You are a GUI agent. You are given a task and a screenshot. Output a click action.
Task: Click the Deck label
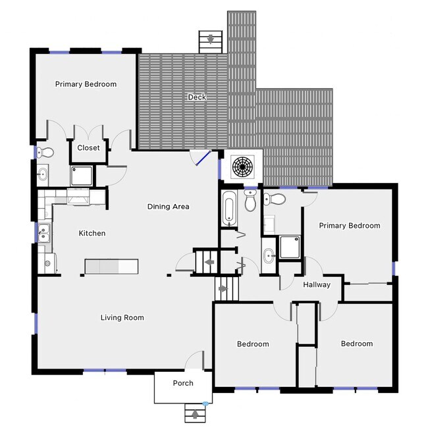(x=197, y=97)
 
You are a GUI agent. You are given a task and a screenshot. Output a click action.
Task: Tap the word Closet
(x=89, y=148)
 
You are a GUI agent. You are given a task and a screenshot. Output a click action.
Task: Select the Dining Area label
(x=168, y=207)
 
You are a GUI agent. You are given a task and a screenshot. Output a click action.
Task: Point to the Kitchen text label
(x=92, y=233)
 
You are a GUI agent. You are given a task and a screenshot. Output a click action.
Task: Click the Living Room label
(x=122, y=318)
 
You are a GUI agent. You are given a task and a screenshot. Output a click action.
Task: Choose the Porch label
(x=183, y=383)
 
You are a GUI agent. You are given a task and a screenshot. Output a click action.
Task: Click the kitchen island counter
(x=111, y=266)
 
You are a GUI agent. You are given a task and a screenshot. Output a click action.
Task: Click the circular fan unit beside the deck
(x=242, y=167)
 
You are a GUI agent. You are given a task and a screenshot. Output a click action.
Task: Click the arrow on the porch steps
(x=194, y=414)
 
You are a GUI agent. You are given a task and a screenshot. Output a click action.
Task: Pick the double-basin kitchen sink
(x=43, y=232)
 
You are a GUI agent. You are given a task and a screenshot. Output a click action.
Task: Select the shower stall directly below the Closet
(x=82, y=175)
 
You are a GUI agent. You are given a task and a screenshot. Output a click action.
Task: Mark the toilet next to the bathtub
(x=250, y=202)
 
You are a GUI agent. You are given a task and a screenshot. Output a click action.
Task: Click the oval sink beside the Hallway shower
(x=269, y=255)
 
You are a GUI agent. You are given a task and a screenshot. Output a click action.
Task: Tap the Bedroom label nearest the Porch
(x=253, y=344)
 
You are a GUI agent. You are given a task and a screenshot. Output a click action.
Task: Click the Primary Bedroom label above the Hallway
(x=350, y=226)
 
